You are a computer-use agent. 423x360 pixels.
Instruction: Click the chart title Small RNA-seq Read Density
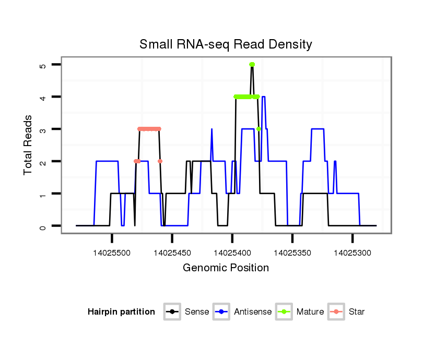point(226,44)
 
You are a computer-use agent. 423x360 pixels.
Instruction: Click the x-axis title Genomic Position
point(226,268)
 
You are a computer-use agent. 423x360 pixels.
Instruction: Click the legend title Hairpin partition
point(121,312)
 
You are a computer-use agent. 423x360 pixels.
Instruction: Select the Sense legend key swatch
point(172,312)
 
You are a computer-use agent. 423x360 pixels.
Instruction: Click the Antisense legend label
point(253,312)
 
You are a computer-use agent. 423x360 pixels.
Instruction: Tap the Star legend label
point(357,312)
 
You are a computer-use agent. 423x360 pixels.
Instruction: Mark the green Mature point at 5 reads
point(252,65)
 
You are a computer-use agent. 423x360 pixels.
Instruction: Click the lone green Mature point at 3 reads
point(258,129)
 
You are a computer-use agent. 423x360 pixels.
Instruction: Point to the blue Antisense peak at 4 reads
point(264,97)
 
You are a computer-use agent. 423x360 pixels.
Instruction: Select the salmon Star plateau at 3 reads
point(149,129)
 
